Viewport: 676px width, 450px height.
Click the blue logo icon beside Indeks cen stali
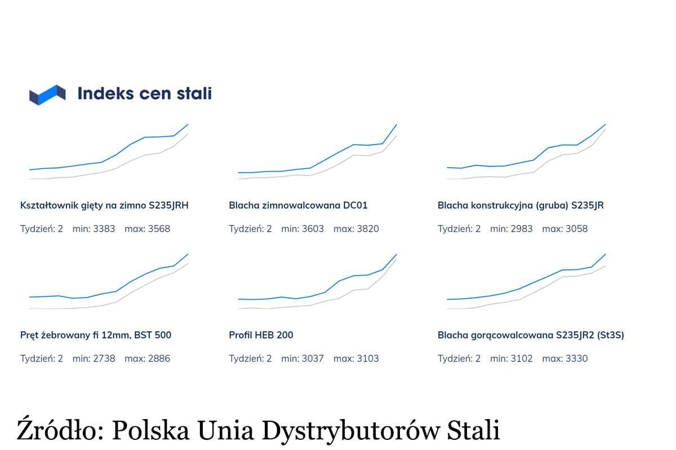47,94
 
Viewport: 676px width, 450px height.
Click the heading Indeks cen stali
144,93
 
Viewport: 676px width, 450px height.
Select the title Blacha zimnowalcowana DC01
298,205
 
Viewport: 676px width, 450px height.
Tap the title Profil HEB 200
261,335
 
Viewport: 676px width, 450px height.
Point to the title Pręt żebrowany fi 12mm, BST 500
96,335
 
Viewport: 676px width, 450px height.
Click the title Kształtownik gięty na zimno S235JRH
104,205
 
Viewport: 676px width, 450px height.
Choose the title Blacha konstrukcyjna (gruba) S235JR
521,205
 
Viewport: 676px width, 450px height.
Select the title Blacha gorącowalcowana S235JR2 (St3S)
531,335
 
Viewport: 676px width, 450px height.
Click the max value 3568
159,229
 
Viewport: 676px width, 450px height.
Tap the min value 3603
313,229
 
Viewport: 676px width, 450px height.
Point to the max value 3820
368,229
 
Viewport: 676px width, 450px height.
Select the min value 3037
313,359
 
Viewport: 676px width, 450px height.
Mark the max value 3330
576,359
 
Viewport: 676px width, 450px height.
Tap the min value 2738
104,359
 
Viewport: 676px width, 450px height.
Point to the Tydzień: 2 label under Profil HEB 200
250,359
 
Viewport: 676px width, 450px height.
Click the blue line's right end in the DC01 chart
397,124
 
